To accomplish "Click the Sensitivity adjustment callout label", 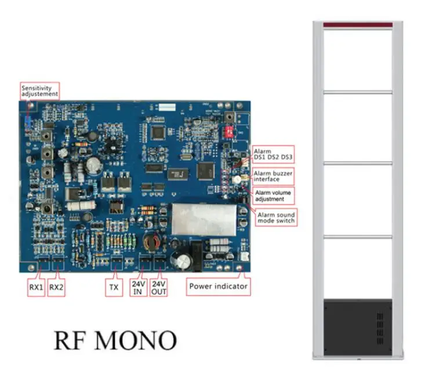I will [40, 90].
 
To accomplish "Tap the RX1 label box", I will [38, 286].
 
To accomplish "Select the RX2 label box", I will [56, 286].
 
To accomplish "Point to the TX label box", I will [114, 286].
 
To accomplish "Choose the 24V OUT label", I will [159, 288].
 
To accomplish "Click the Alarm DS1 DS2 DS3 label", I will [273, 154].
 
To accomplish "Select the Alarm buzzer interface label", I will [273, 176].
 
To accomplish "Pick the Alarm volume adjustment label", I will [273, 195].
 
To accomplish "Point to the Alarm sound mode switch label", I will [276, 217].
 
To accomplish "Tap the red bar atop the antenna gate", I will [358, 24].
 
